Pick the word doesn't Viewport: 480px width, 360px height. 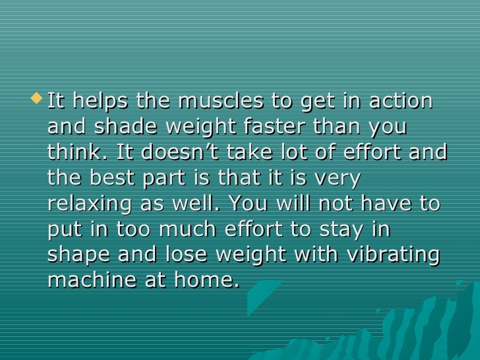tap(187, 153)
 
